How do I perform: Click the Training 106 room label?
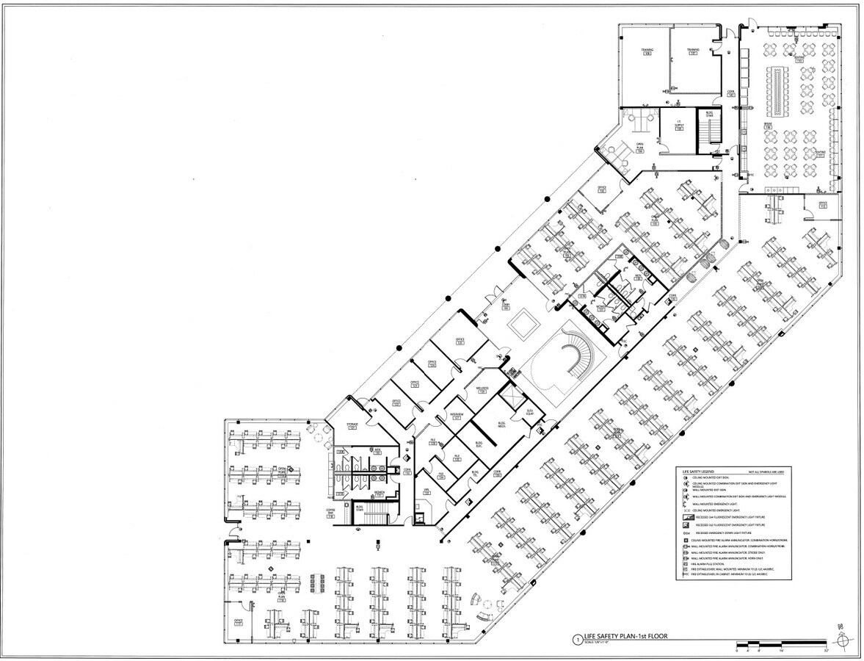(x=647, y=51)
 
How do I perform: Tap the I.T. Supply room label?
(x=679, y=128)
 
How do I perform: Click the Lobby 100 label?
(x=506, y=306)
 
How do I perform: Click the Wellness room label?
(x=482, y=389)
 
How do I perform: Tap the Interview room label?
(x=456, y=416)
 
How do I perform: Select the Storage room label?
(x=352, y=426)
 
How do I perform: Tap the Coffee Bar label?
(x=330, y=514)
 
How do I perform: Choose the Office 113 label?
(x=823, y=206)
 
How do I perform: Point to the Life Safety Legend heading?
(x=698, y=469)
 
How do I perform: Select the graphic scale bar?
(x=781, y=646)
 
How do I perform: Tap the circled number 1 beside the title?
(x=578, y=640)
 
